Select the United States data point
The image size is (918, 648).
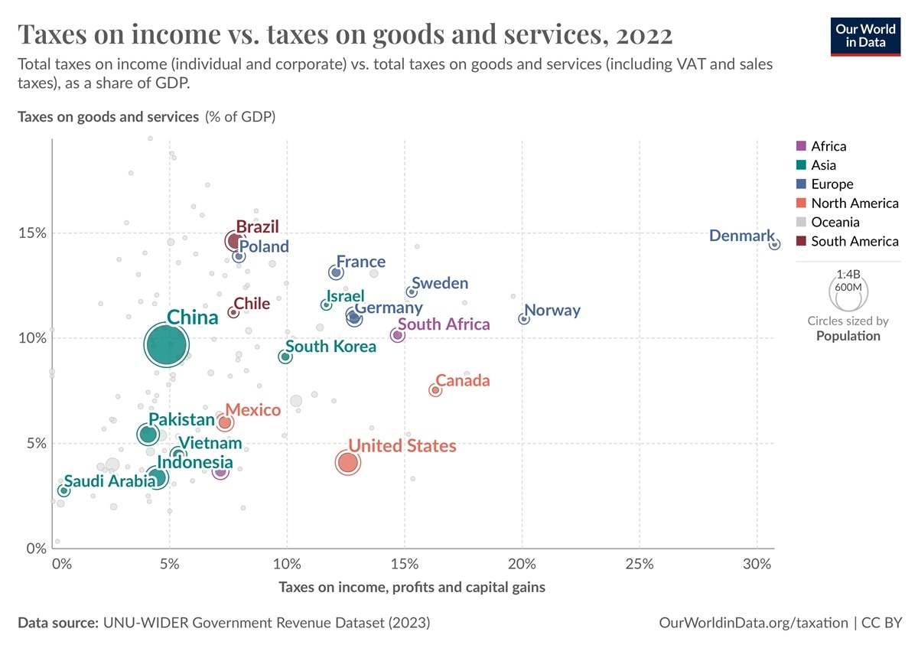coord(348,463)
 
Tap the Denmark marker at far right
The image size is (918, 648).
coord(774,244)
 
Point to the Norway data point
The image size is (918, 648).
coord(524,318)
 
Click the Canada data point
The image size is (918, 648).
coord(435,390)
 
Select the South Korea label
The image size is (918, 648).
coord(330,347)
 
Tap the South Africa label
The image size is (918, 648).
coord(444,324)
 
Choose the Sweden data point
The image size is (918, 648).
coord(412,292)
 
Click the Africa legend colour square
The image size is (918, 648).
coord(801,146)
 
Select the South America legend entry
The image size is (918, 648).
coord(854,242)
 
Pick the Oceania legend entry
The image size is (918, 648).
coord(835,223)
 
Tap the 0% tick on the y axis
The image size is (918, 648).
coord(34,549)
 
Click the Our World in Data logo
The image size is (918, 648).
coord(865,34)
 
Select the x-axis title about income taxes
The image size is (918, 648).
coord(412,588)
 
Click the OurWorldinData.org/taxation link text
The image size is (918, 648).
coord(754,623)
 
